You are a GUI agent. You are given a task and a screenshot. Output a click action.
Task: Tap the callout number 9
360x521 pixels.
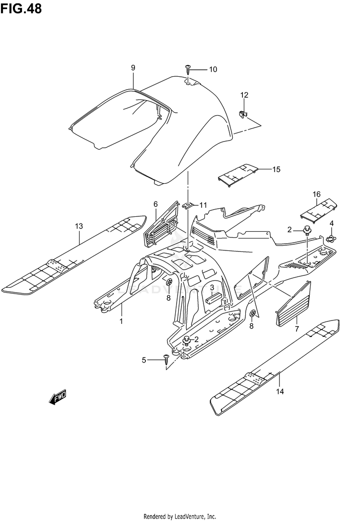click(x=133, y=68)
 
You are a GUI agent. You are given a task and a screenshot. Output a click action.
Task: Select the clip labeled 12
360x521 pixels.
click(x=243, y=113)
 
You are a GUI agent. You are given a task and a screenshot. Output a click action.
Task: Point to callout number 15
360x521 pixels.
click(x=276, y=169)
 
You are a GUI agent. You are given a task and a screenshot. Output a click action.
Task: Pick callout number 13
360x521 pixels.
click(x=79, y=225)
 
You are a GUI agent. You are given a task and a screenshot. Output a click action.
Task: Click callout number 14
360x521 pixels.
click(x=280, y=392)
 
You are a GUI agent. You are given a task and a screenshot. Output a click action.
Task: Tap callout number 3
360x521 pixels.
click(x=212, y=288)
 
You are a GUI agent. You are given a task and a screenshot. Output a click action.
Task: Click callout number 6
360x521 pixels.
click(x=156, y=204)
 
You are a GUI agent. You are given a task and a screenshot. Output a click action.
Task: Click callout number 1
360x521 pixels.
click(x=121, y=321)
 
